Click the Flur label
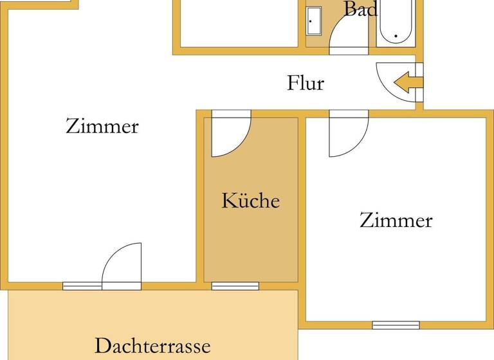(x=305, y=83)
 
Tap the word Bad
(x=360, y=9)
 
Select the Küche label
(x=251, y=201)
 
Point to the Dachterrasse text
(x=152, y=346)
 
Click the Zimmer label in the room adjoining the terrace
(x=102, y=126)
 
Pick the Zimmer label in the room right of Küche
(x=396, y=221)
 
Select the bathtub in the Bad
(x=396, y=23)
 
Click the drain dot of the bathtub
(x=396, y=36)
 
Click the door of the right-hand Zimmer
(x=348, y=135)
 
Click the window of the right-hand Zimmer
(x=396, y=325)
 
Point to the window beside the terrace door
(x=82, y=286)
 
